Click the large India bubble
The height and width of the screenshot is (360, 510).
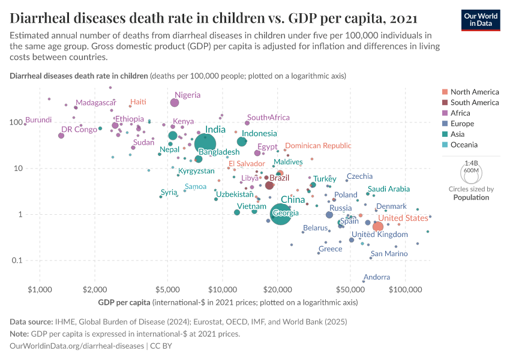[x=205, y=143]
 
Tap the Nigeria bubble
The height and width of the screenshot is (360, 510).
[x=175, y=103]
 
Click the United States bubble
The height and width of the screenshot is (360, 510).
[x=378, y=226]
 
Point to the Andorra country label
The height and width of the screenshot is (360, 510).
[x=377, y=277]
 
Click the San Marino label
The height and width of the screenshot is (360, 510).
[x=389, y=254]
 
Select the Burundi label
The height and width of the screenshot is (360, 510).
[x=38, y=120]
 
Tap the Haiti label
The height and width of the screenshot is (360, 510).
[x=138, y=102]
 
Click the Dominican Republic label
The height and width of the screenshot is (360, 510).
[x=318, y=146]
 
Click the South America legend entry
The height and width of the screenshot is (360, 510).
[x=473, y=103]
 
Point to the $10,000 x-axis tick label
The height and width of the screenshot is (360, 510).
[x=223, y=290]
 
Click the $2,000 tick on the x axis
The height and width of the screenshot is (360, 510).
[x=94, y=290]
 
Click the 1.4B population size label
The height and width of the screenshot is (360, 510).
[x=471, y=163]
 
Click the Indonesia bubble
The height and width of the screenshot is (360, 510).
[x=242, y=142]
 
